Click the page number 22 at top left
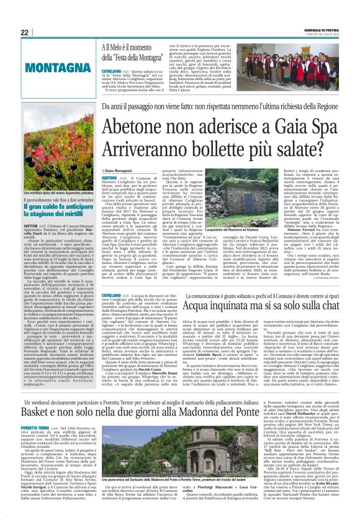pyautogui.click(x=24, y=32)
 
